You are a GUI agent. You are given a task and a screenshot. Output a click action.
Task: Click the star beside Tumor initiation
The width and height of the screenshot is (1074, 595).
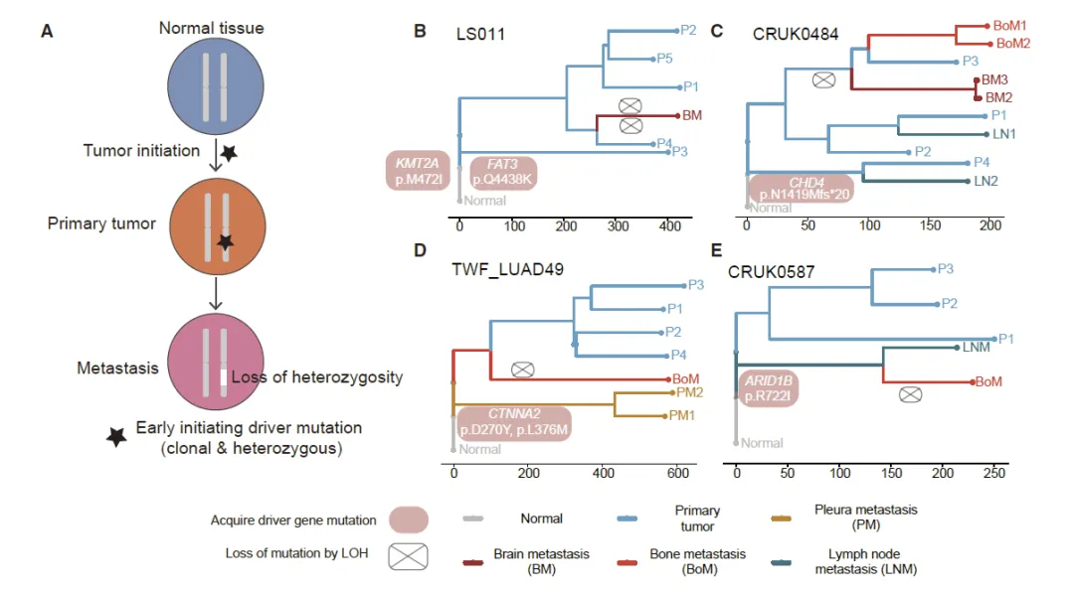click(228, 153)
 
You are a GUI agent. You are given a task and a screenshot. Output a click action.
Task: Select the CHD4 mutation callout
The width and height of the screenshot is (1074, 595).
click(801, 188)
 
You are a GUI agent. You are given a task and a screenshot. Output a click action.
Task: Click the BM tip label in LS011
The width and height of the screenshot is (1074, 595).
click(693, 115)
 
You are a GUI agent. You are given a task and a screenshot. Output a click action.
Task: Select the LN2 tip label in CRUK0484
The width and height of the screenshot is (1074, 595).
click(984, 181)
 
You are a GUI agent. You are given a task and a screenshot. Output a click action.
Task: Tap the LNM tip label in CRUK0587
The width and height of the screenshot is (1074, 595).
click(976, 348)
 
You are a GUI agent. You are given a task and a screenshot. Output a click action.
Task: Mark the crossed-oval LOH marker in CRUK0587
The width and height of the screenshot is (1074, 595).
click(909, 394)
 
